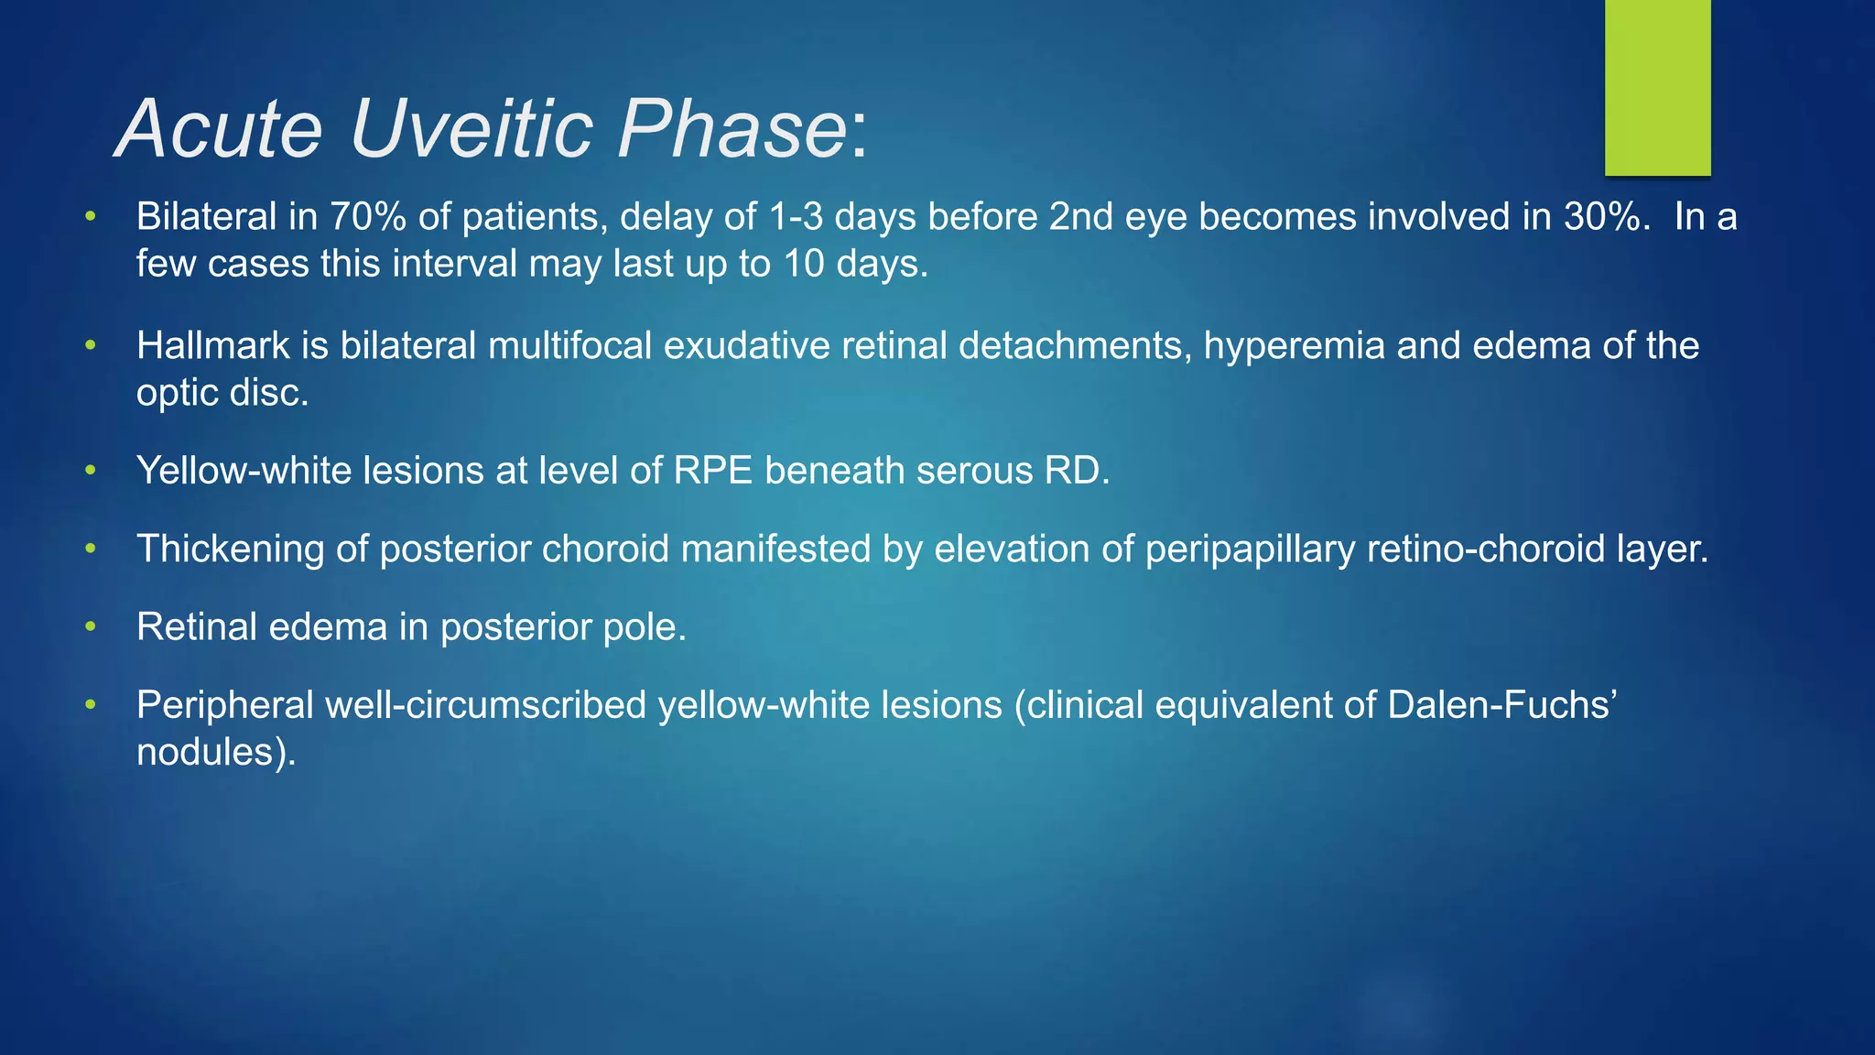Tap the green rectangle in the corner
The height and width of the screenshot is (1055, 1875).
pyautogui.click(x=1657, y=87)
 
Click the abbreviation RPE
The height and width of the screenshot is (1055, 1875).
pyautogui.click(x=713, y=471)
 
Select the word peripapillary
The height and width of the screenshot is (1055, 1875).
pyautogui.click(x=1250, y=549)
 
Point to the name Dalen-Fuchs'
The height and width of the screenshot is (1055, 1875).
pyautogui.click(x=1502, y=705)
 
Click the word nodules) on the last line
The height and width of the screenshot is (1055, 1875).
pyautogui.click(x=216, y=752)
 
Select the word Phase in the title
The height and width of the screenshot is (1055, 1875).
pyautogui.click(x=732, y=128)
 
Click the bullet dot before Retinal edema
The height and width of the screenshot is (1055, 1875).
pyautogui.click(x=90, y=627)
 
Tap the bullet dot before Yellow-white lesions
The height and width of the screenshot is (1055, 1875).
pyautogui.click(x=90, y=471)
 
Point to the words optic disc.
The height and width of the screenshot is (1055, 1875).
pyautogui.click(x=222, y=393)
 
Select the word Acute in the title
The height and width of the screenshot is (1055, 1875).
pyautogui.click(x=220, y=128)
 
